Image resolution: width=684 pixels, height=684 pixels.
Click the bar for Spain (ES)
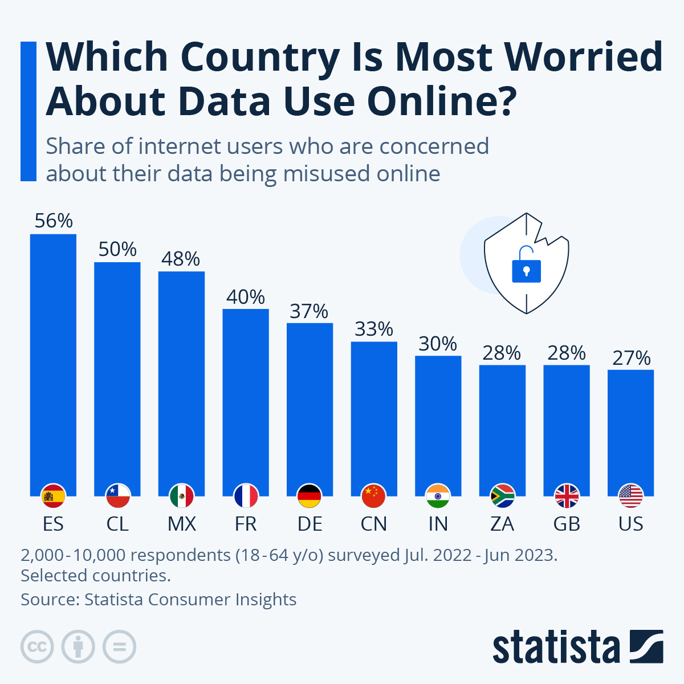pos(53,359)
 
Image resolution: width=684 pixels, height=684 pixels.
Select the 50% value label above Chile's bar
pos(117,249)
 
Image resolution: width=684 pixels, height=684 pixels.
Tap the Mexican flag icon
pos(182,496)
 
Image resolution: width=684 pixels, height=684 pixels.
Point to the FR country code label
pos(246,524)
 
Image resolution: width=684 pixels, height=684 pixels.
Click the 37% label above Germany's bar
pos(309,311)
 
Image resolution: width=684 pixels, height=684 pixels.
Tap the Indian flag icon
pos(438,496)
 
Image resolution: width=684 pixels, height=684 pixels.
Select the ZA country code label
pos(502,524)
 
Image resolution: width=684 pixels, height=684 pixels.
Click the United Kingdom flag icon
pos(567,496)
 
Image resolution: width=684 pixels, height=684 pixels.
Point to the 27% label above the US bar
pos(631,358)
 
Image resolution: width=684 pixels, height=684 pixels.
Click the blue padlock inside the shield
pos(526,266)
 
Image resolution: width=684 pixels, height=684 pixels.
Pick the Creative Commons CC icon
pos(37,647)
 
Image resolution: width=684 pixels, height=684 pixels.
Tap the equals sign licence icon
pos(119,647)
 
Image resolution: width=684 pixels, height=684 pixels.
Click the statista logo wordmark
pos(556,647)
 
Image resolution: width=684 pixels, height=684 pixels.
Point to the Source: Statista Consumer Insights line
pos(158,599)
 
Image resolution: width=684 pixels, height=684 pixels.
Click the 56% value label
pos(54,221)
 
